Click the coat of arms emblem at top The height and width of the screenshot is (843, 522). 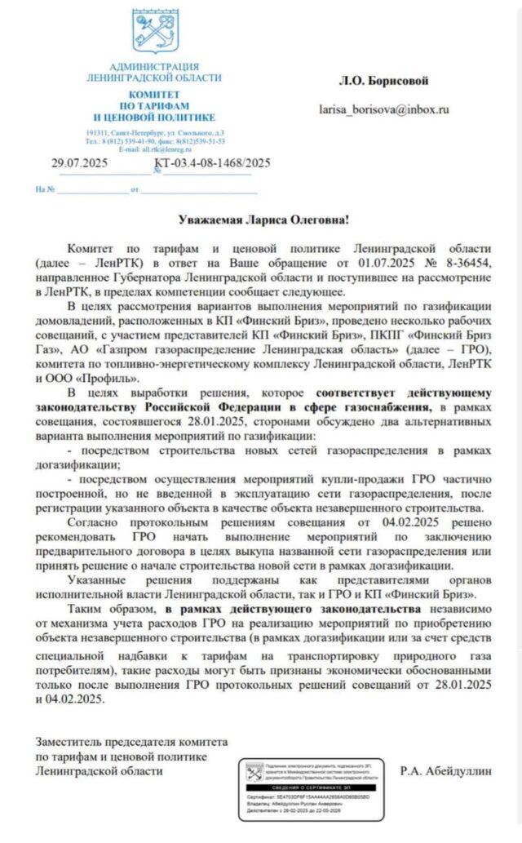tap(155, 31)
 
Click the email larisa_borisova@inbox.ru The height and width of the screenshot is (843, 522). tap(395, 109)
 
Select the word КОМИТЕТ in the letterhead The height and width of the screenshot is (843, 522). tap(153, 95)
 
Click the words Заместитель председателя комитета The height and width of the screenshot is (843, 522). tap(131, 743)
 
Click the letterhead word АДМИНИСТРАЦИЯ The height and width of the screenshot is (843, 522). tap(153, 66)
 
